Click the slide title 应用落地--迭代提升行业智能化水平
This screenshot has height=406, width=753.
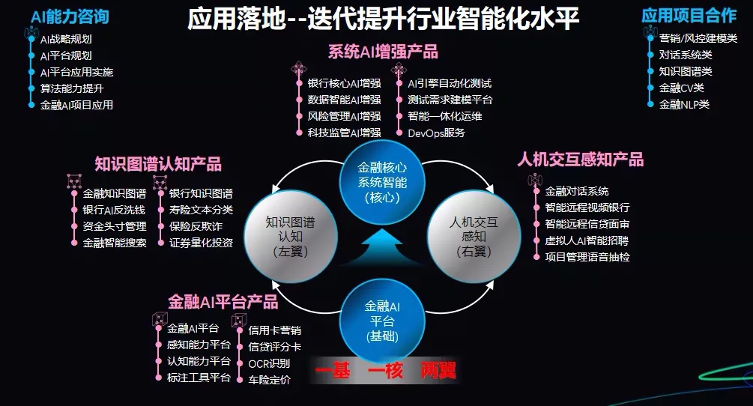(x=383, y=18)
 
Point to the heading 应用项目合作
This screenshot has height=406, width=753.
(x=689, y=16)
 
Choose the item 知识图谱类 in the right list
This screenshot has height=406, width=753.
(x=686, y=72)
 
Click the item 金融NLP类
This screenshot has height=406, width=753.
(x=683, y=105)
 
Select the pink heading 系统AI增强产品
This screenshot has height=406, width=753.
(x=383, y=52)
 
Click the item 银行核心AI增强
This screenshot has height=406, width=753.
(x=344, y=84)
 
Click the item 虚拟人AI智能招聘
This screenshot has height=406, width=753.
(x=587, y=240)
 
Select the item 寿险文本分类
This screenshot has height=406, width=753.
(x=201, y=210)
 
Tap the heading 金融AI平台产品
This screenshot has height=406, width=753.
(x=223, y=303)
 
